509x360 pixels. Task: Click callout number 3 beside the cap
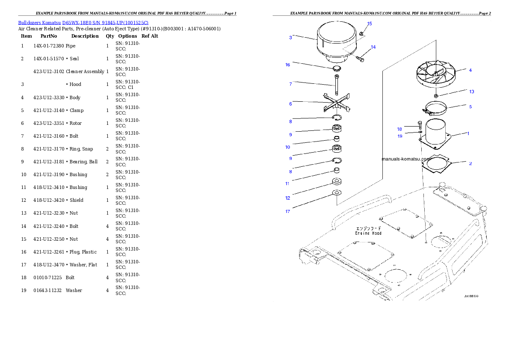[290, 38]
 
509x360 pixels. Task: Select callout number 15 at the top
[370, 24]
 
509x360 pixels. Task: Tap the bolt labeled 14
[360, 59]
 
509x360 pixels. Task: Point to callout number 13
[471, 91]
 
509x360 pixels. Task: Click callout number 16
[288, 65]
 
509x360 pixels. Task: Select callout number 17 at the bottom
[288, 211]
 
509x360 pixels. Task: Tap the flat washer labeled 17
[336, 193]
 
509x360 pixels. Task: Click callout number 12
[288, 198]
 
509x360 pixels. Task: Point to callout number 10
[288, 147]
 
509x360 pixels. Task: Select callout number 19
[400, 136]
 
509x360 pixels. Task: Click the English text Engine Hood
[368, 233]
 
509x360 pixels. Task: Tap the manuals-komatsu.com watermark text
[406, 159]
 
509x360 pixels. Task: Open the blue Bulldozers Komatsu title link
[83, 22]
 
